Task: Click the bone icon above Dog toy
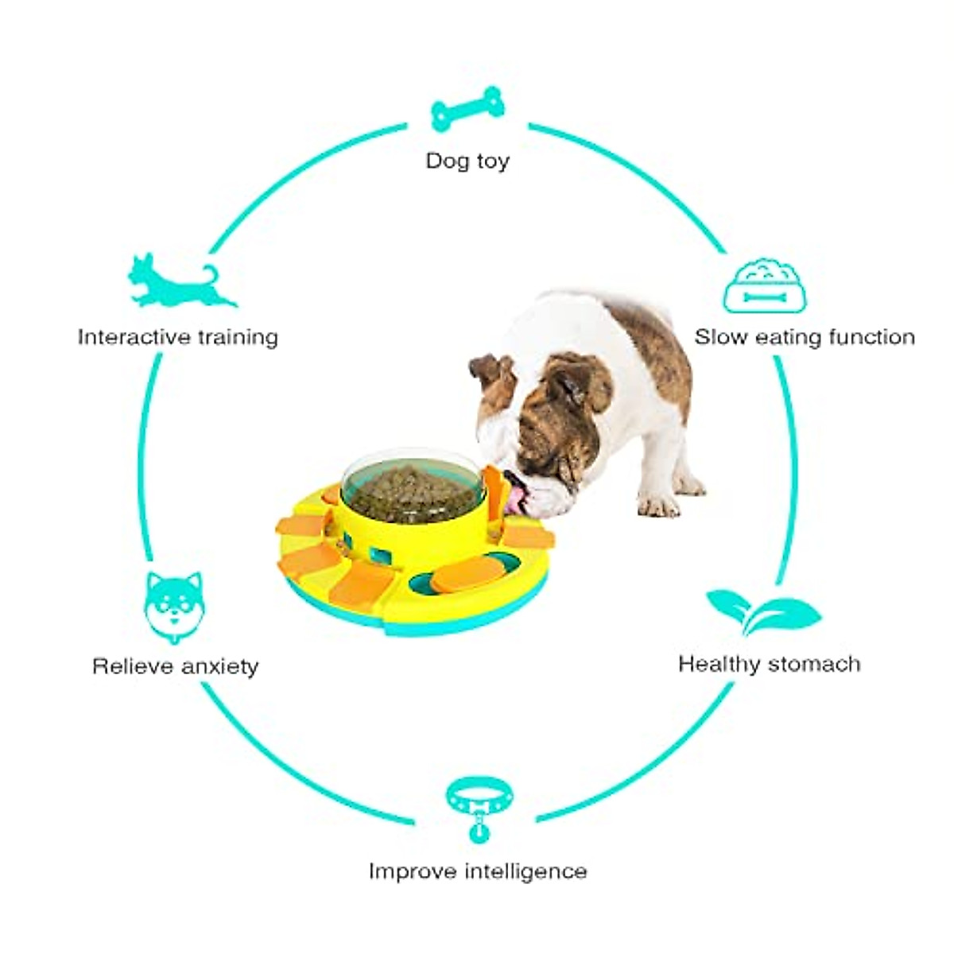[467, 109]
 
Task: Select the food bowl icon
[764, 285]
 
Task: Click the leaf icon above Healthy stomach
[763, 611]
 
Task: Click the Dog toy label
[467, 161]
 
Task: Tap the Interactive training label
[178, 337]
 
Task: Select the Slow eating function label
[805, 337]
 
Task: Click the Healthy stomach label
[769, 664]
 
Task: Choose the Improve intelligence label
[478, 871]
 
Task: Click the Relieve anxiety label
[176, 665]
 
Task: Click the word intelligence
[525, 871]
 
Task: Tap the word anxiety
[219, 666]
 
